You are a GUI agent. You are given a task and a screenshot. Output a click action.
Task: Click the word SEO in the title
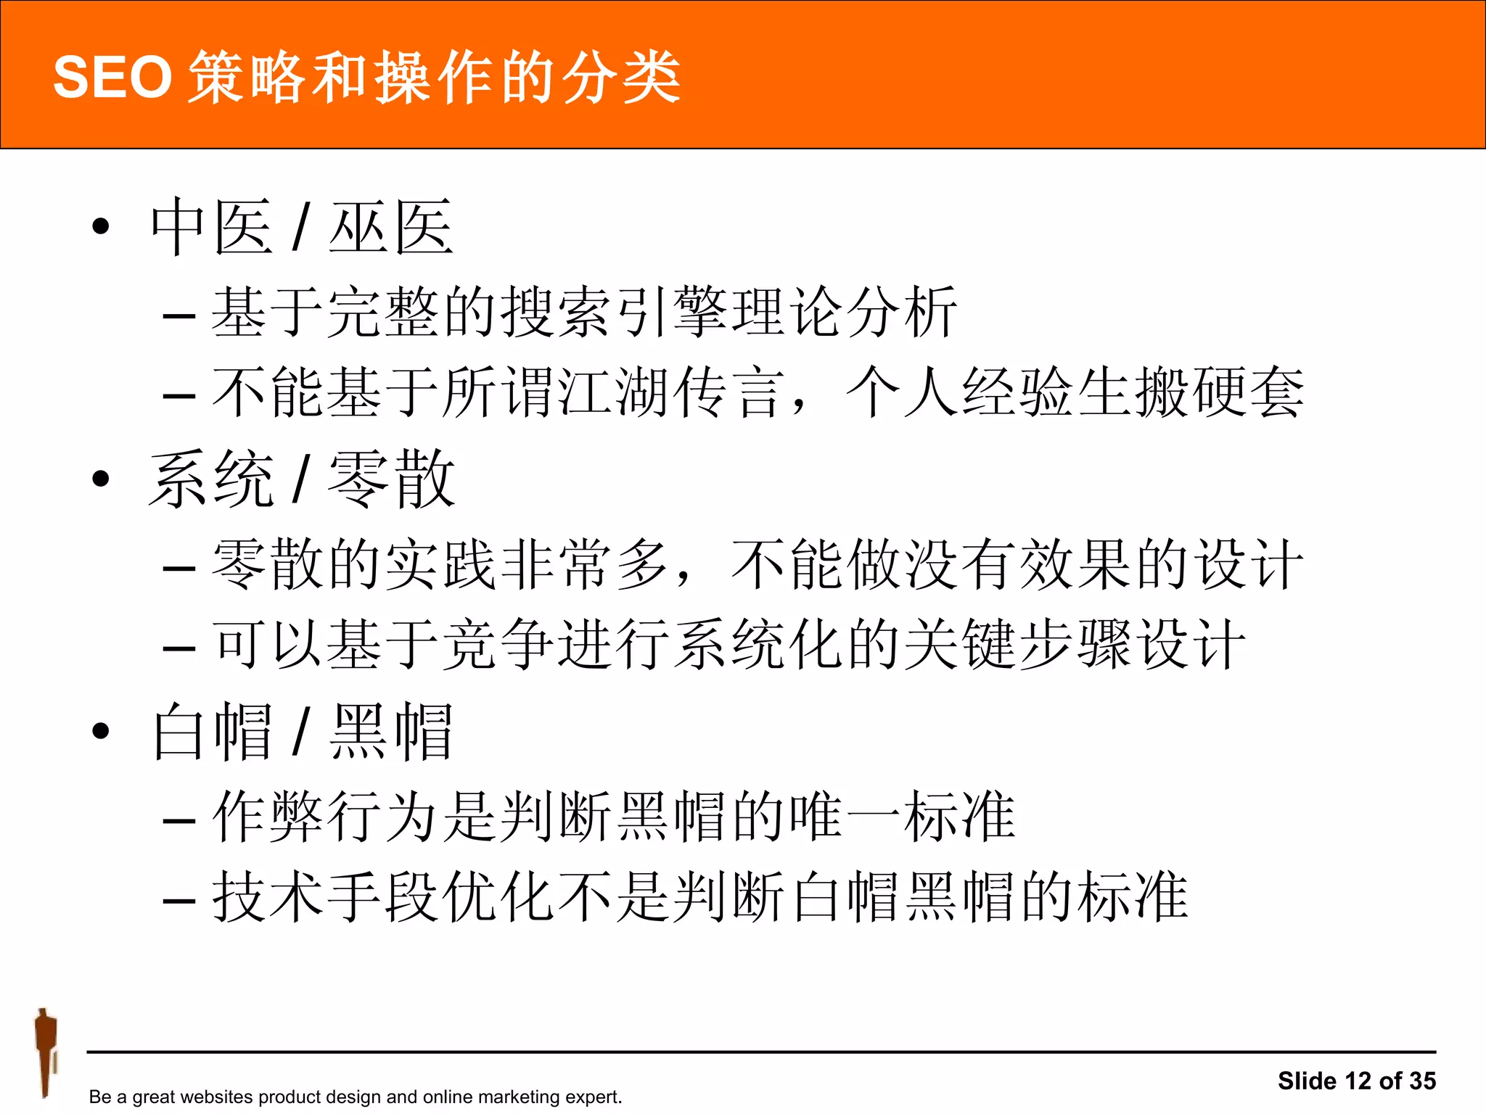(x=112, y=77)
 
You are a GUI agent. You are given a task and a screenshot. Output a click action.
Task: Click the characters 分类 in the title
(x=622, y=77)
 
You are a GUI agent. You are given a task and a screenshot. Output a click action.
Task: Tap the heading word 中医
(x=211, y=227)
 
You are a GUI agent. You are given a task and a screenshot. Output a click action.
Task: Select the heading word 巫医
(x=391, y=227)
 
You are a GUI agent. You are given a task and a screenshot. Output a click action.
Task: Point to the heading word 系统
(x=211, y=479)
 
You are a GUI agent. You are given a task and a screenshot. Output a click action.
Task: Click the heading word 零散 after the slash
(x=391, y=479)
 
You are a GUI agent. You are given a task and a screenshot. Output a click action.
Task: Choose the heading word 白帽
(x=211, y=731)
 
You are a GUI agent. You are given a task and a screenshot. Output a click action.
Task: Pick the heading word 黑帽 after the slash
(x=391, y=731)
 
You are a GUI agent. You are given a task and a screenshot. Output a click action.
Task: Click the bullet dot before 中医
(x=101, y=226)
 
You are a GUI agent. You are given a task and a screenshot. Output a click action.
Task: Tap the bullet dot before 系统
(x=101, y=478)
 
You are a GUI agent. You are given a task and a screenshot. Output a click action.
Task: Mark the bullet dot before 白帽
(x=101, y=730)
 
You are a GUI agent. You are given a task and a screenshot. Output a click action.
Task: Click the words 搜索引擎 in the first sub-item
(x=615, y=313)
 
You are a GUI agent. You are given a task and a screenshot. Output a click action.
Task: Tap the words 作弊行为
(x=327, y=817)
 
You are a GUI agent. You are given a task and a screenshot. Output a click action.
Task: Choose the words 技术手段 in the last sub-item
(x=327, y=897)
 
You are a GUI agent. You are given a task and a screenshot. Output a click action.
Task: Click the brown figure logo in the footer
(x=46, y=1052)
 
